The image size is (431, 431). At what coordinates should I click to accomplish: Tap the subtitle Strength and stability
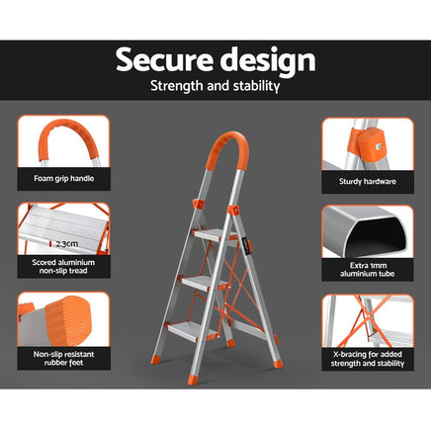(x=215, y=87)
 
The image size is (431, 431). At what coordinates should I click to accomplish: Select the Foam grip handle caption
(x=62, y=180)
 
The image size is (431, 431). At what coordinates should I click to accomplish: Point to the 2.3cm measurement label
(x=67, y=241)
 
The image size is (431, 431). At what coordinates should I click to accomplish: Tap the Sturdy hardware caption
(x=368, y=180)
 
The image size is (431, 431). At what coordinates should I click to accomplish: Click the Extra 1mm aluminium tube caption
(x=368, y=270)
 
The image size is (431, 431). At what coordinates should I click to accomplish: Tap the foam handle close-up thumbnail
(x=62, y=143)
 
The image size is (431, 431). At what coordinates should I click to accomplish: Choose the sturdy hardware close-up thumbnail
(x=367, y=143)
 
